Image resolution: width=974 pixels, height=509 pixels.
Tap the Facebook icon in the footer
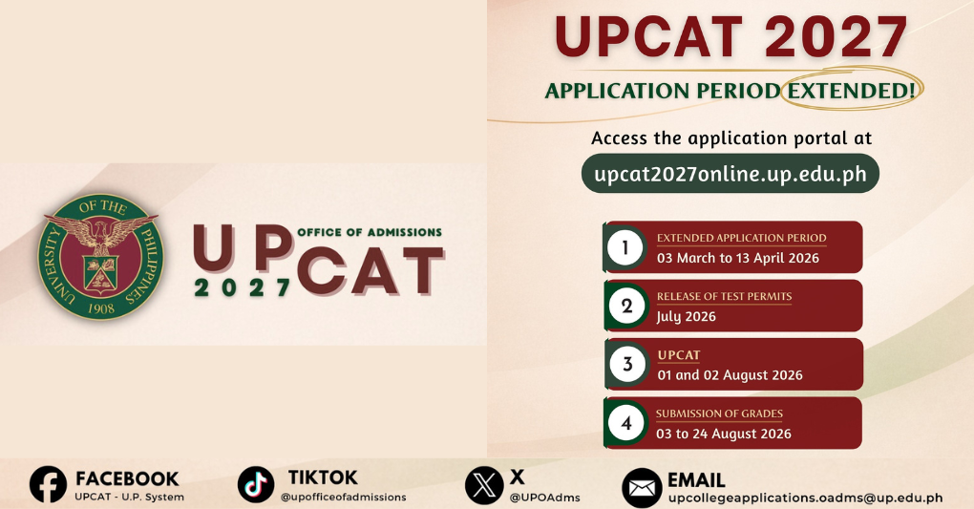pos(48,484)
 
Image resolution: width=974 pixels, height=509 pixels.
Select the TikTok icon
pos(256,484)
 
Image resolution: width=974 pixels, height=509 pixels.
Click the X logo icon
pos(484,484)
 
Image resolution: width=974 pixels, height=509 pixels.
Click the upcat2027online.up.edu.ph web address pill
pos(730,175)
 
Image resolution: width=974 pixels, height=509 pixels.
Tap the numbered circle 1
pos(625,248)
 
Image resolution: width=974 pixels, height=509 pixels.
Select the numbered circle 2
pos(626,307)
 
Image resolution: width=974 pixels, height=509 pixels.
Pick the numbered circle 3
pos(627,365)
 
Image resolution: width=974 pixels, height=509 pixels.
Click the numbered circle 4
pos(626,423)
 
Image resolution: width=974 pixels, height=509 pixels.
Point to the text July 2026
pos(686,316)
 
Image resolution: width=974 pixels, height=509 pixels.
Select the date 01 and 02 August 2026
pos(730,375)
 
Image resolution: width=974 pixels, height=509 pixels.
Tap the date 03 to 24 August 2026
pos(724,434)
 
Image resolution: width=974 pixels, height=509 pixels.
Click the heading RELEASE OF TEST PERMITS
pos(724,296)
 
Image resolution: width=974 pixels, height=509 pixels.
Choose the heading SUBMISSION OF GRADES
pos(719,414)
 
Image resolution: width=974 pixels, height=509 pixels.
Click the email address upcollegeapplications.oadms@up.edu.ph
pos(805,498)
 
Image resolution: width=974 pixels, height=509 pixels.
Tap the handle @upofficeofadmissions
pos(343,497)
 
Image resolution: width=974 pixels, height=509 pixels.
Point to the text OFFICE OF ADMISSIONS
pos(370,232)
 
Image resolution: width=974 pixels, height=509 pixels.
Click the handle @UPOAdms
pos(544,497)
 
